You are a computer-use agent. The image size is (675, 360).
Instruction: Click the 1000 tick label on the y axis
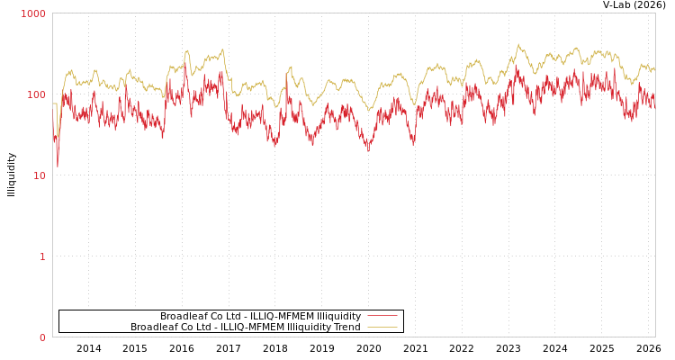click(33, 13)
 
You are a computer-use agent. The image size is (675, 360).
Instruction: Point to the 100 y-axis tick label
click(36, 94)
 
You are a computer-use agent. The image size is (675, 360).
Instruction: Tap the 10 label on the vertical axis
click(39, 175)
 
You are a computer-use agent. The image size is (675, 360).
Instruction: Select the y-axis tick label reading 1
click(42, 256)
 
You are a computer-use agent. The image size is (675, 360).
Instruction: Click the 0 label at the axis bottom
click(42, 337)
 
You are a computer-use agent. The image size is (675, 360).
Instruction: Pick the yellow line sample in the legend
click(382, 328)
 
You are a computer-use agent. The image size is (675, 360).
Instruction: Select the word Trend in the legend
click(346, 328)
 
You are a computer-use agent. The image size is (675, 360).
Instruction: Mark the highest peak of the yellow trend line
click(518, 44)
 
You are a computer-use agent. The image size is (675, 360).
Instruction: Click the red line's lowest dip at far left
click(58, 166)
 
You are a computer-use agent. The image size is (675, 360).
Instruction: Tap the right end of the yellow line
click(654, 69)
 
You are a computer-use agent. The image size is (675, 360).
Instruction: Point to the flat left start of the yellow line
click(54, 103)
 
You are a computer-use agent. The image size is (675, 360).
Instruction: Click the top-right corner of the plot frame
click(655, 13)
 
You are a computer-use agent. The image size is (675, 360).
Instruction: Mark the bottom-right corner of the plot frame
click(655, 337)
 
